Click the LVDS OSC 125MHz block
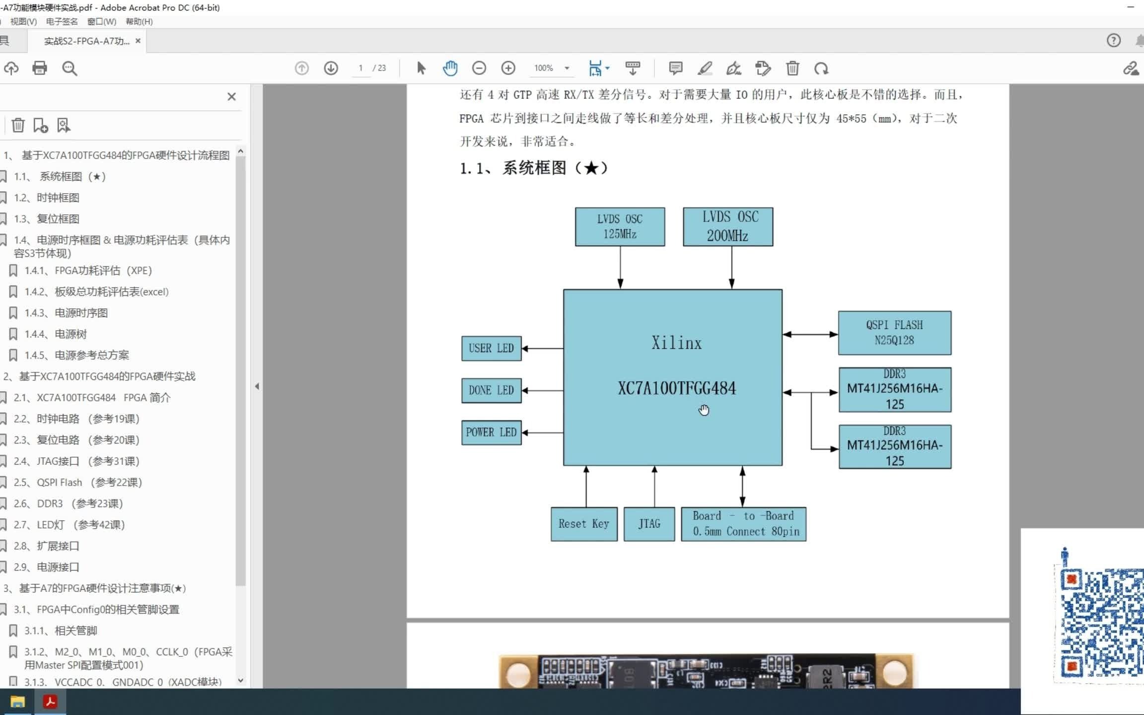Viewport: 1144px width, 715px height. pos(620,227)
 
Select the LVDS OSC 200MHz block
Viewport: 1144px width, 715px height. pos(728,227)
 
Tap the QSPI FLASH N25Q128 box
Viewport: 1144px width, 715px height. pos(894,333)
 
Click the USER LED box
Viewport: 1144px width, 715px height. pos(491,349)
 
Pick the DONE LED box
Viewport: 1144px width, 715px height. pos(491,391)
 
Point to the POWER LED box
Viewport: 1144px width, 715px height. pos(491,432)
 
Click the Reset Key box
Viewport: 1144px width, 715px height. pos(584,524)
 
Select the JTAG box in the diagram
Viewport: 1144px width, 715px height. pos(649,524)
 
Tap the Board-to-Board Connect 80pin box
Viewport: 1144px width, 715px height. pos(743,524)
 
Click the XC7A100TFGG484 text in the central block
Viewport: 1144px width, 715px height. pos(677,388)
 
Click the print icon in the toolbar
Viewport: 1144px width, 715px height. pos(40,68)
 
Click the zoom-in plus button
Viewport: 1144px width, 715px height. pos(508,68)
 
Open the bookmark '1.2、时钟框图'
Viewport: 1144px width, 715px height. pos(58,198)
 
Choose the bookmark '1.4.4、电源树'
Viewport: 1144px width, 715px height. pos(71,334)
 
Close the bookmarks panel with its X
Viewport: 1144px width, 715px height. pos(231,97)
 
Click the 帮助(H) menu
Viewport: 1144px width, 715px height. pos(139,21)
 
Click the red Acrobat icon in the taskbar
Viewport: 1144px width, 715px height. pos(50,702)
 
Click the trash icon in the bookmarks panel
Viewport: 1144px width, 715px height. pos(18,125)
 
